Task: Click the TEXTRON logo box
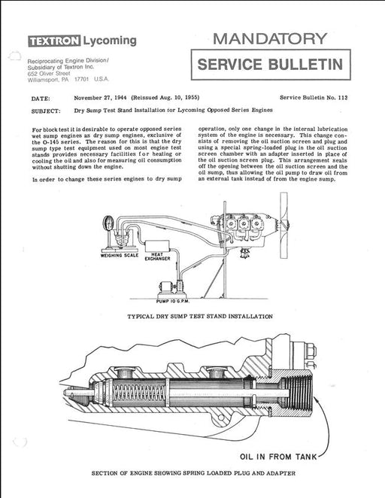(54, 41)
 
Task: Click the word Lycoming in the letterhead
(110, 41)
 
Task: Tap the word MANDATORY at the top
(270, 39)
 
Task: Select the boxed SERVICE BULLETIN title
(271, 65)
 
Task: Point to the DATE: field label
(41, 99)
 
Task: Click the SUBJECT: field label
(46, 111)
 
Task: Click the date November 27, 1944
(100, 98)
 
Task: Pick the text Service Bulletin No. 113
(314, 98)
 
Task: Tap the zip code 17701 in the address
(81, 80)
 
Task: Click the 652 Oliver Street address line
(49, 74)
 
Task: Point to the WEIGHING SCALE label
(120, 255)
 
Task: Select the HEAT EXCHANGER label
(157, 257)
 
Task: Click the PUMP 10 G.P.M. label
(173, 301)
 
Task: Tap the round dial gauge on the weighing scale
(108, 223)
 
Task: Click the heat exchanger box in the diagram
(157, 246)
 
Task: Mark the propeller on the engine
(283, 225)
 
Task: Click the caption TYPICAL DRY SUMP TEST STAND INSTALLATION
(200, 317)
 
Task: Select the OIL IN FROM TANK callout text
(278, 457)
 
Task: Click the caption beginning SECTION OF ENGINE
(193, 473)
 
